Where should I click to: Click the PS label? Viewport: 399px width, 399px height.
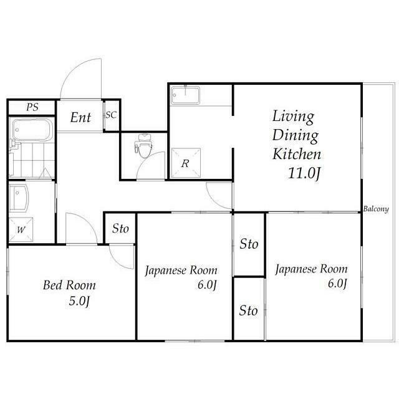[32, 107]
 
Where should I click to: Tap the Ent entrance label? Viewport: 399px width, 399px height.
[80, 117]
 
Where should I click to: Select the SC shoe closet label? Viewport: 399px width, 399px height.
[111, 115]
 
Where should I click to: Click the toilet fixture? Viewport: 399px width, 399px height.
[145, 145]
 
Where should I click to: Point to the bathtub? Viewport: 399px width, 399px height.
[32, 130]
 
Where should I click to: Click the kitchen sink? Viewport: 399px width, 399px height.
[185, 95]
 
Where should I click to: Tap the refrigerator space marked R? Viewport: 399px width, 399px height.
[186, 163]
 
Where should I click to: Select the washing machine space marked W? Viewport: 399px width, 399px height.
[21, 230]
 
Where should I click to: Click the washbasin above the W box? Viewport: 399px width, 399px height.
[19, 198]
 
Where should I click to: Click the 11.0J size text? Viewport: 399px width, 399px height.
[304, 173]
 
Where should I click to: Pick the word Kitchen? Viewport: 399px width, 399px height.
[297, 154]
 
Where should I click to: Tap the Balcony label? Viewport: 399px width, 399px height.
[376, 209]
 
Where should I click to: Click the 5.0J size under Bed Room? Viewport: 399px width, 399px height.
[79, 301]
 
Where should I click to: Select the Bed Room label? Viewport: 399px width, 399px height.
[69, 285]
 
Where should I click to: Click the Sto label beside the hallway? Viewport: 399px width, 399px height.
[120, 228]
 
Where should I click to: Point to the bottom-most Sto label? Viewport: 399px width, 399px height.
[248, 310]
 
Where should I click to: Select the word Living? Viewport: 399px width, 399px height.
[293, 117]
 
